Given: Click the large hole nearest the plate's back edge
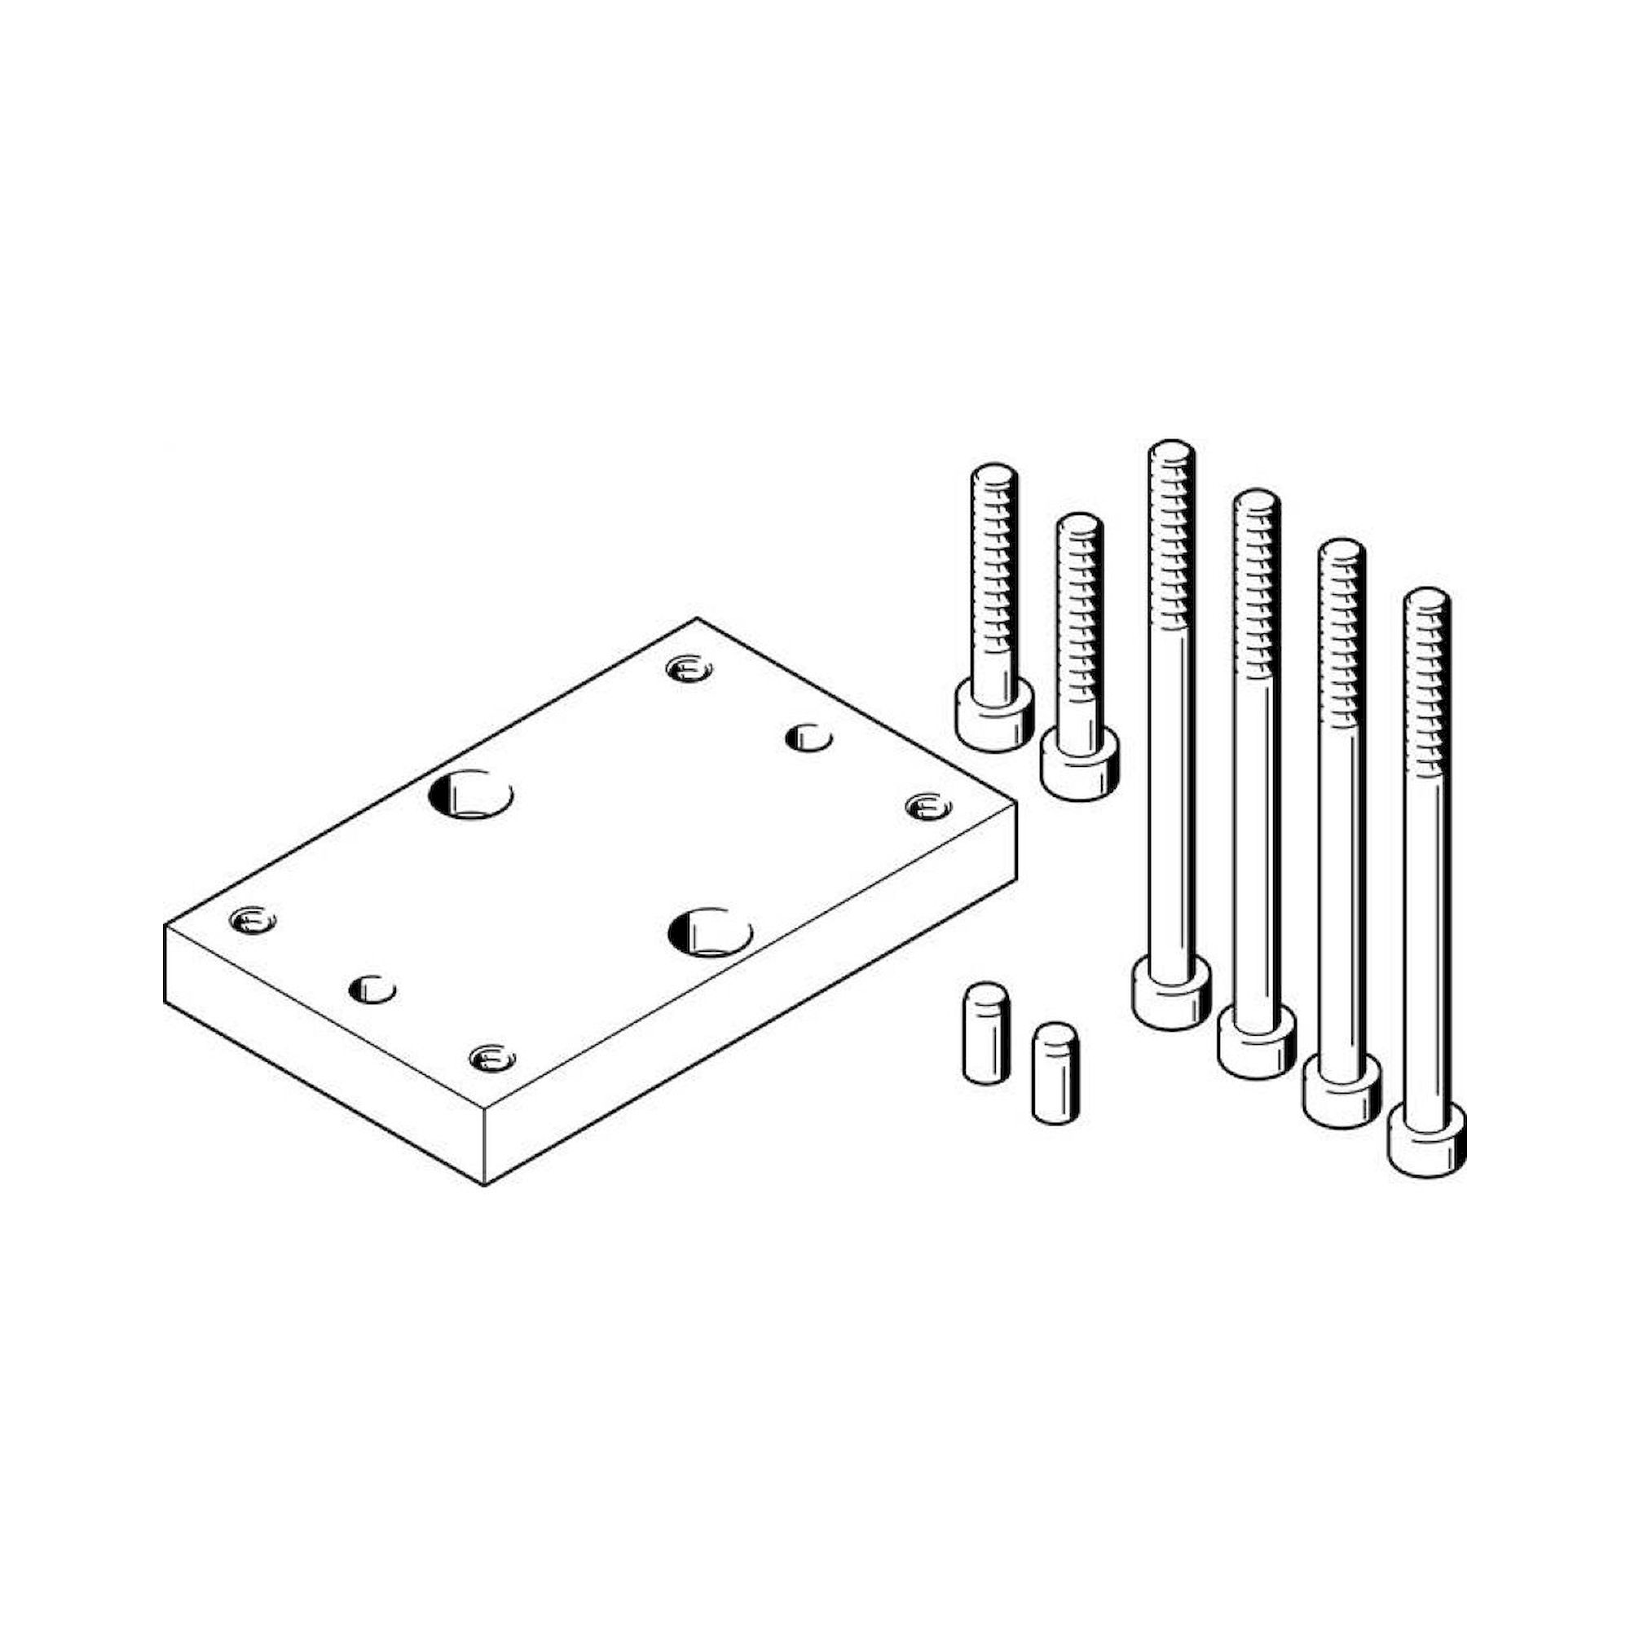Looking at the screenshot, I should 471,794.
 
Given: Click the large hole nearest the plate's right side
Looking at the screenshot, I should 710,932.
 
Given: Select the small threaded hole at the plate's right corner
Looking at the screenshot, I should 928,808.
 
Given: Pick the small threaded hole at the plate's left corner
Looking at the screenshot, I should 253,920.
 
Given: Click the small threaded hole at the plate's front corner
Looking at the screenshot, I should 493,1057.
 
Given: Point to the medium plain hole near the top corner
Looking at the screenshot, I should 808,738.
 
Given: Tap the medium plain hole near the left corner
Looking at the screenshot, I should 372,988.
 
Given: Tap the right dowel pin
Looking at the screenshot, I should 1055,1073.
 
